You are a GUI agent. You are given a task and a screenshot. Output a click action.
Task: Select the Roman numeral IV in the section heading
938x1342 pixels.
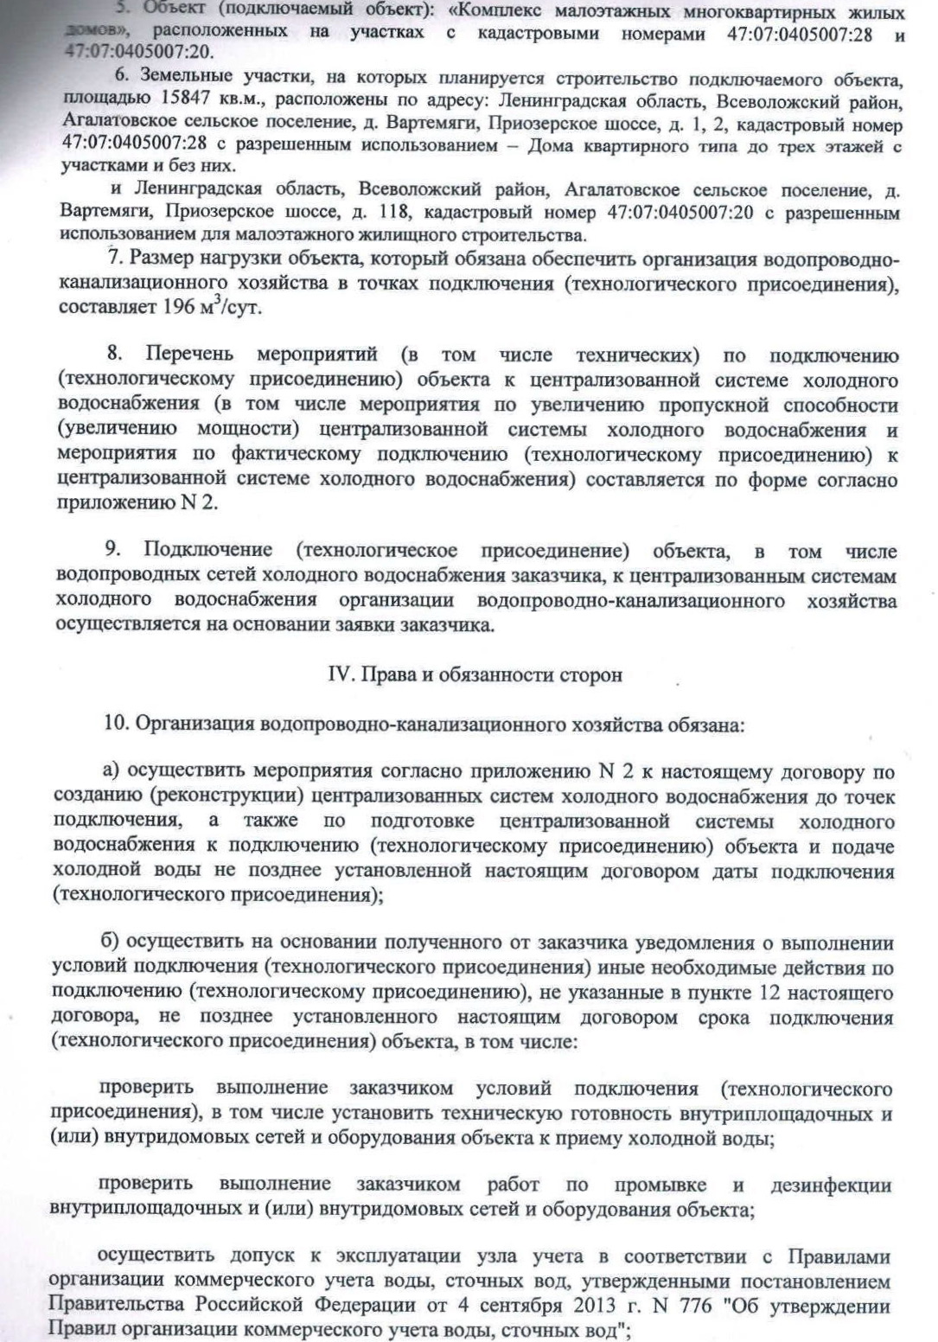tap(341, 675)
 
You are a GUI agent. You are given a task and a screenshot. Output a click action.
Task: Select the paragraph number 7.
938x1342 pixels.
tap(112, 259)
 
